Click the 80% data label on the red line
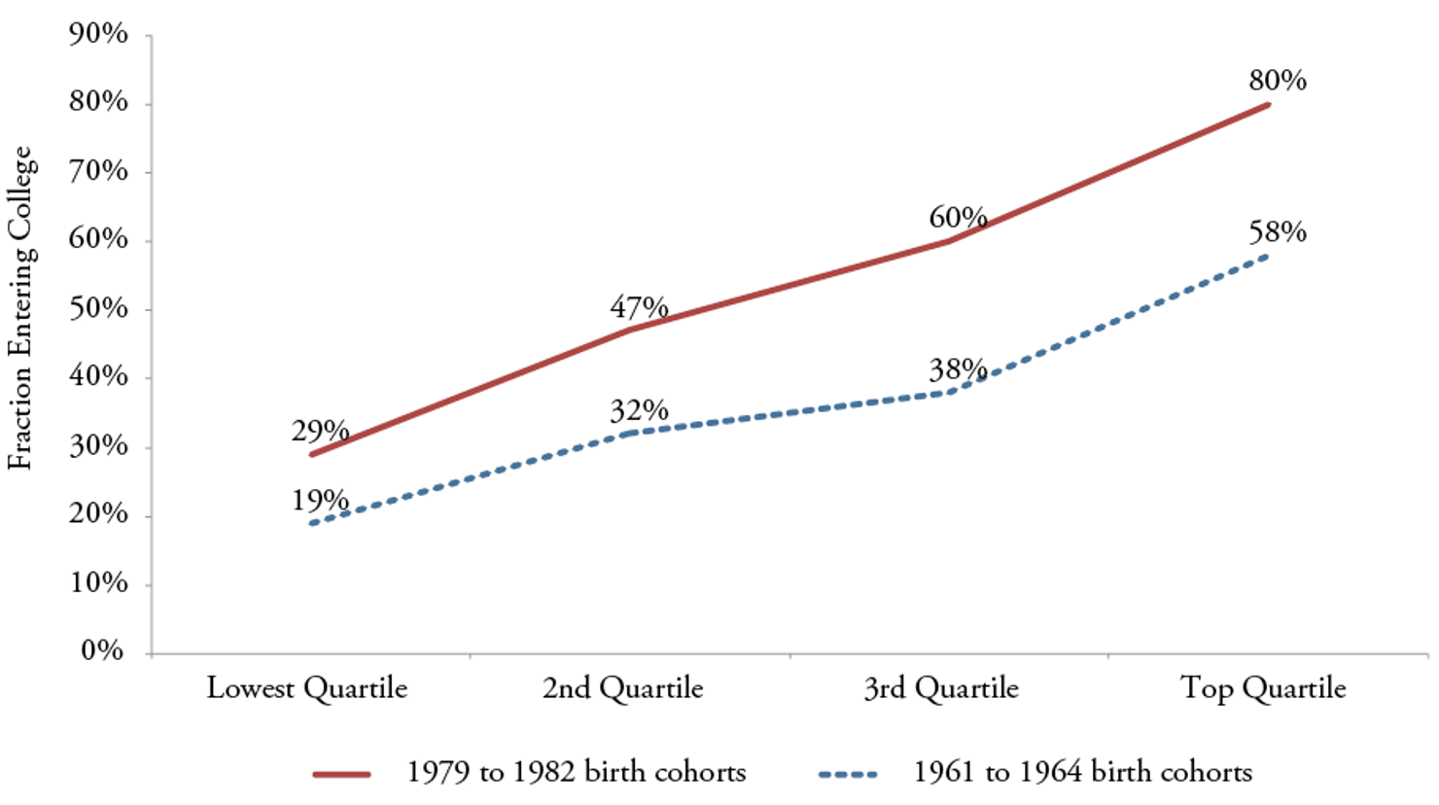[x=1277, y=81]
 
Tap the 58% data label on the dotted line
[x=1277, y=232]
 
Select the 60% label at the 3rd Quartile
[x=958, y=218]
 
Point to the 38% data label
[x=958, y=370]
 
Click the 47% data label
[x=639, y=308]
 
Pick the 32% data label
[x=639, y=411]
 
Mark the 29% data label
[x=320, y=431]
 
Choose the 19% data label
[x=320, y=501]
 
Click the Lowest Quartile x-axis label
[x=307, y=688]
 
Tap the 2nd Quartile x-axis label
[x=622, y=688]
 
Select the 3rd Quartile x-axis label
[x=941, y=688]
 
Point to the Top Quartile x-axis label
[x=1263, y=688]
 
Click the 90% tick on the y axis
[x=98, y=34]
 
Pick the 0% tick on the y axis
[x=103, y=651]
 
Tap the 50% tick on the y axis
[x=98, y=308]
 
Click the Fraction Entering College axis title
[x=21, y=308]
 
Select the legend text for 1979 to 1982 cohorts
[x=576, y=773]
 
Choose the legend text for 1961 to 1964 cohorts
[x=1082, y=773]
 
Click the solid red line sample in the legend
[x=341, y=775]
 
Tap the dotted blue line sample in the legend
[x=848, y=775]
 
